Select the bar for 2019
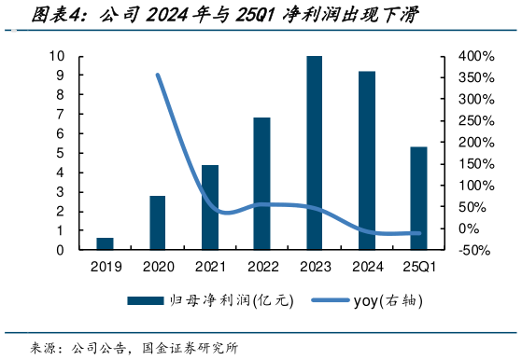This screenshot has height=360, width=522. (x=105, y=243)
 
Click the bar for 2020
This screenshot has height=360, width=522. (x=157, y=223)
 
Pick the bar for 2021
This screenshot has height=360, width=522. (x=209, y=207)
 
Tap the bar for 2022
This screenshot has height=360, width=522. (x=261, y=184)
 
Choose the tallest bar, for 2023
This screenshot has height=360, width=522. (x=314, y=153)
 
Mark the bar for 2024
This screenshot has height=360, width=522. (x=366, y=160)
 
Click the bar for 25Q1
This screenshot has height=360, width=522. (x=418, y=198)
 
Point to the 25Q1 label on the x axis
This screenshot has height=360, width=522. (x=418, y=266)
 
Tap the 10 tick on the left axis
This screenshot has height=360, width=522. (x=57, y=56)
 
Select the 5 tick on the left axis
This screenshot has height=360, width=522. (x=61, y=153)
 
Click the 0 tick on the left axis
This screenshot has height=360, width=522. (x=61, y=250)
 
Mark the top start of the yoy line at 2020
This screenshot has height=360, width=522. (x=157, y=76)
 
